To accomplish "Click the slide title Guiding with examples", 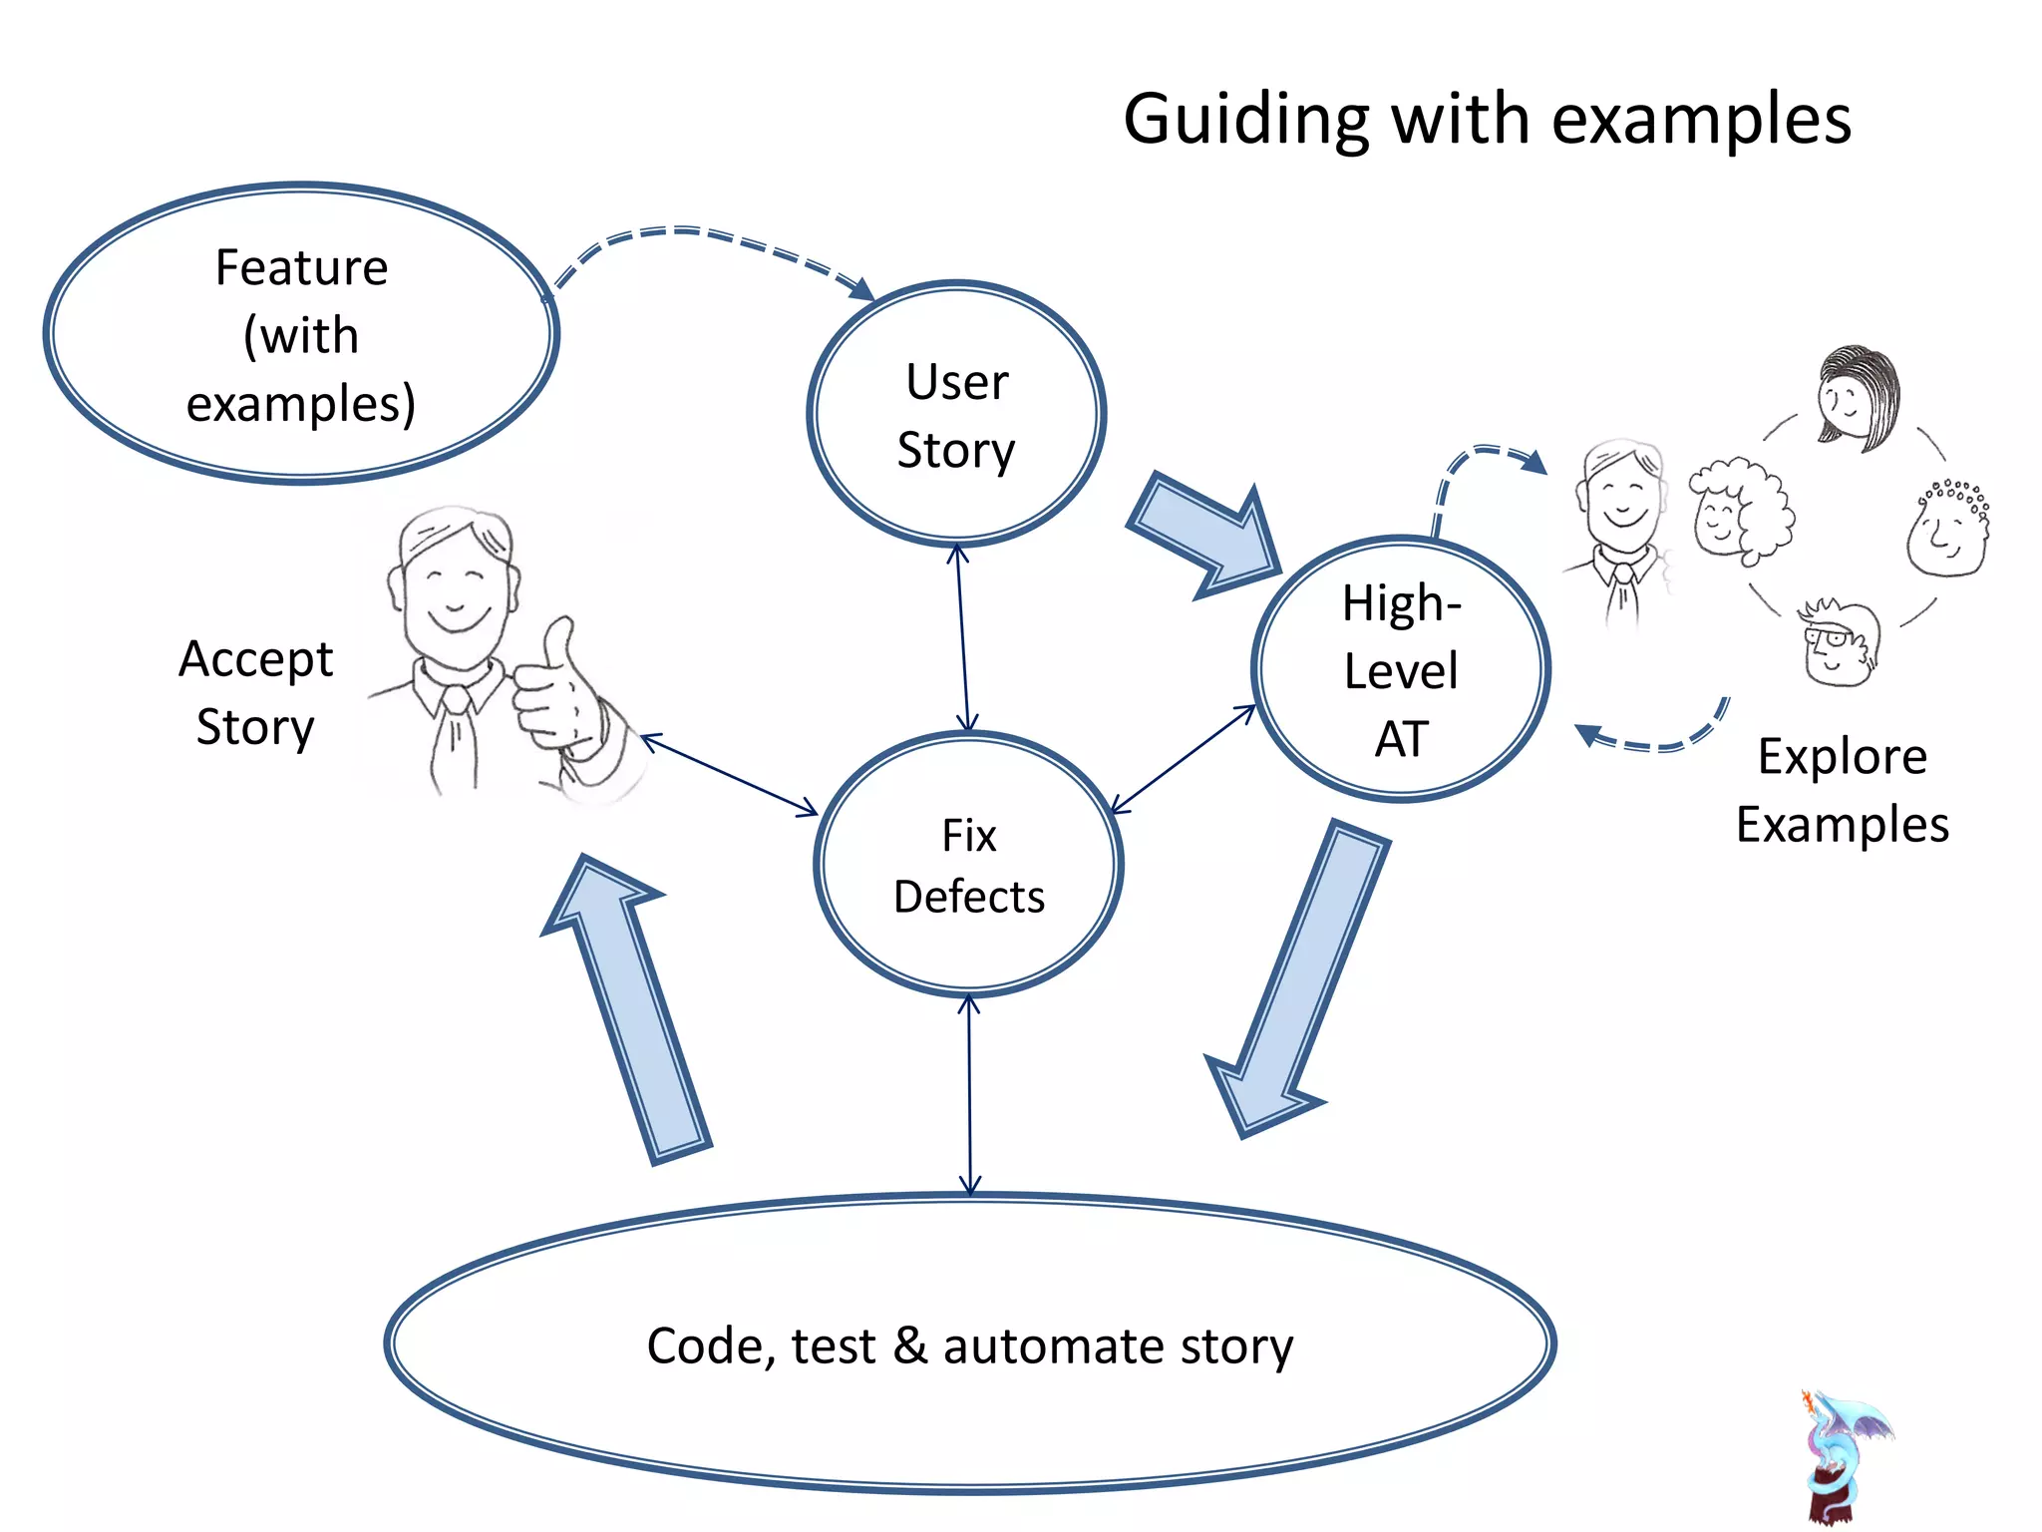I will click(x=1487, y=119).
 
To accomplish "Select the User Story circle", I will click(x=956, y=414).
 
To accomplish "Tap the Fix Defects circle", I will click(x=968, y=865).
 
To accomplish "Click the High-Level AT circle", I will click(x=1400, y=669).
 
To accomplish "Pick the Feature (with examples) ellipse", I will click(x=301, y=334).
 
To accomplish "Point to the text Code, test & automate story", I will click(x=969, y=1345).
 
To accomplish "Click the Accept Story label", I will click(x=255, y=692).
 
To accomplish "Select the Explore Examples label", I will click(x=1842, y=790).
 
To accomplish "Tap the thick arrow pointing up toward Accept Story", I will click(x=628, y=1007).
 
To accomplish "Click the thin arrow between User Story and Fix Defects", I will click(x=962, y=638).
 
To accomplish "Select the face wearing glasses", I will click(x=1839, y=644).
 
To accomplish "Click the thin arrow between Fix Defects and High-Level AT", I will click(x=1183, y=759).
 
